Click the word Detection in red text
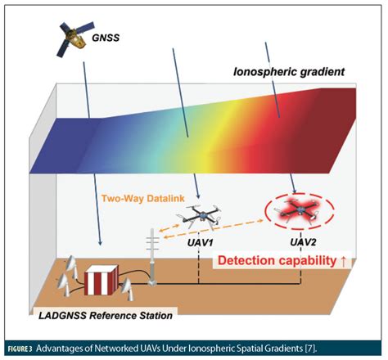249,263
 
